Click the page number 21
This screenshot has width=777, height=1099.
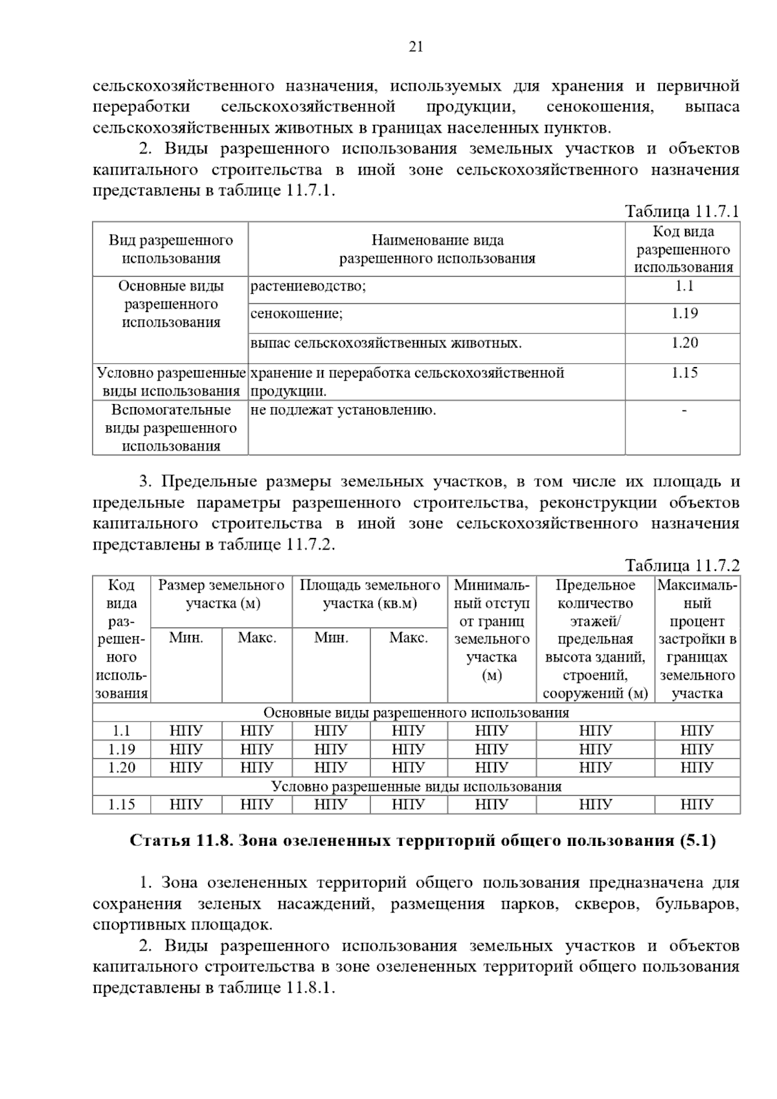416,46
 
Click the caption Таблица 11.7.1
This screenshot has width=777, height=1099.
681,212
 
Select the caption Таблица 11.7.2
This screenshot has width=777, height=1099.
681,566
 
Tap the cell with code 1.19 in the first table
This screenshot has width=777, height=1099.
684,313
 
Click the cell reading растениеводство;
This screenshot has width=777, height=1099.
308,287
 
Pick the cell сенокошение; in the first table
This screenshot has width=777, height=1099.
297,314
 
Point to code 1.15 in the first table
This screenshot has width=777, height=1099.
684,373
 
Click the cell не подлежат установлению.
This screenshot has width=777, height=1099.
343,410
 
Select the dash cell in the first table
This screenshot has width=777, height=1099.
684,410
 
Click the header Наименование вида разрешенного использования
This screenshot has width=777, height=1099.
437,250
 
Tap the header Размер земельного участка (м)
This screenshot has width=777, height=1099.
221,594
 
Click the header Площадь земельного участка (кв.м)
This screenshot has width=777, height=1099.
370,594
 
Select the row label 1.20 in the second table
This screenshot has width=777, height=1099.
122,768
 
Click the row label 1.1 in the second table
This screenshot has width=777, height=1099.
122,731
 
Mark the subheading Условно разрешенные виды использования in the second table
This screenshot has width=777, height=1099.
416,786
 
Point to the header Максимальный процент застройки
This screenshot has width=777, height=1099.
697,639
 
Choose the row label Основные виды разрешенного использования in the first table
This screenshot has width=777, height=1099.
171,304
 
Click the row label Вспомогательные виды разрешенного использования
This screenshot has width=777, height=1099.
171,428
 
